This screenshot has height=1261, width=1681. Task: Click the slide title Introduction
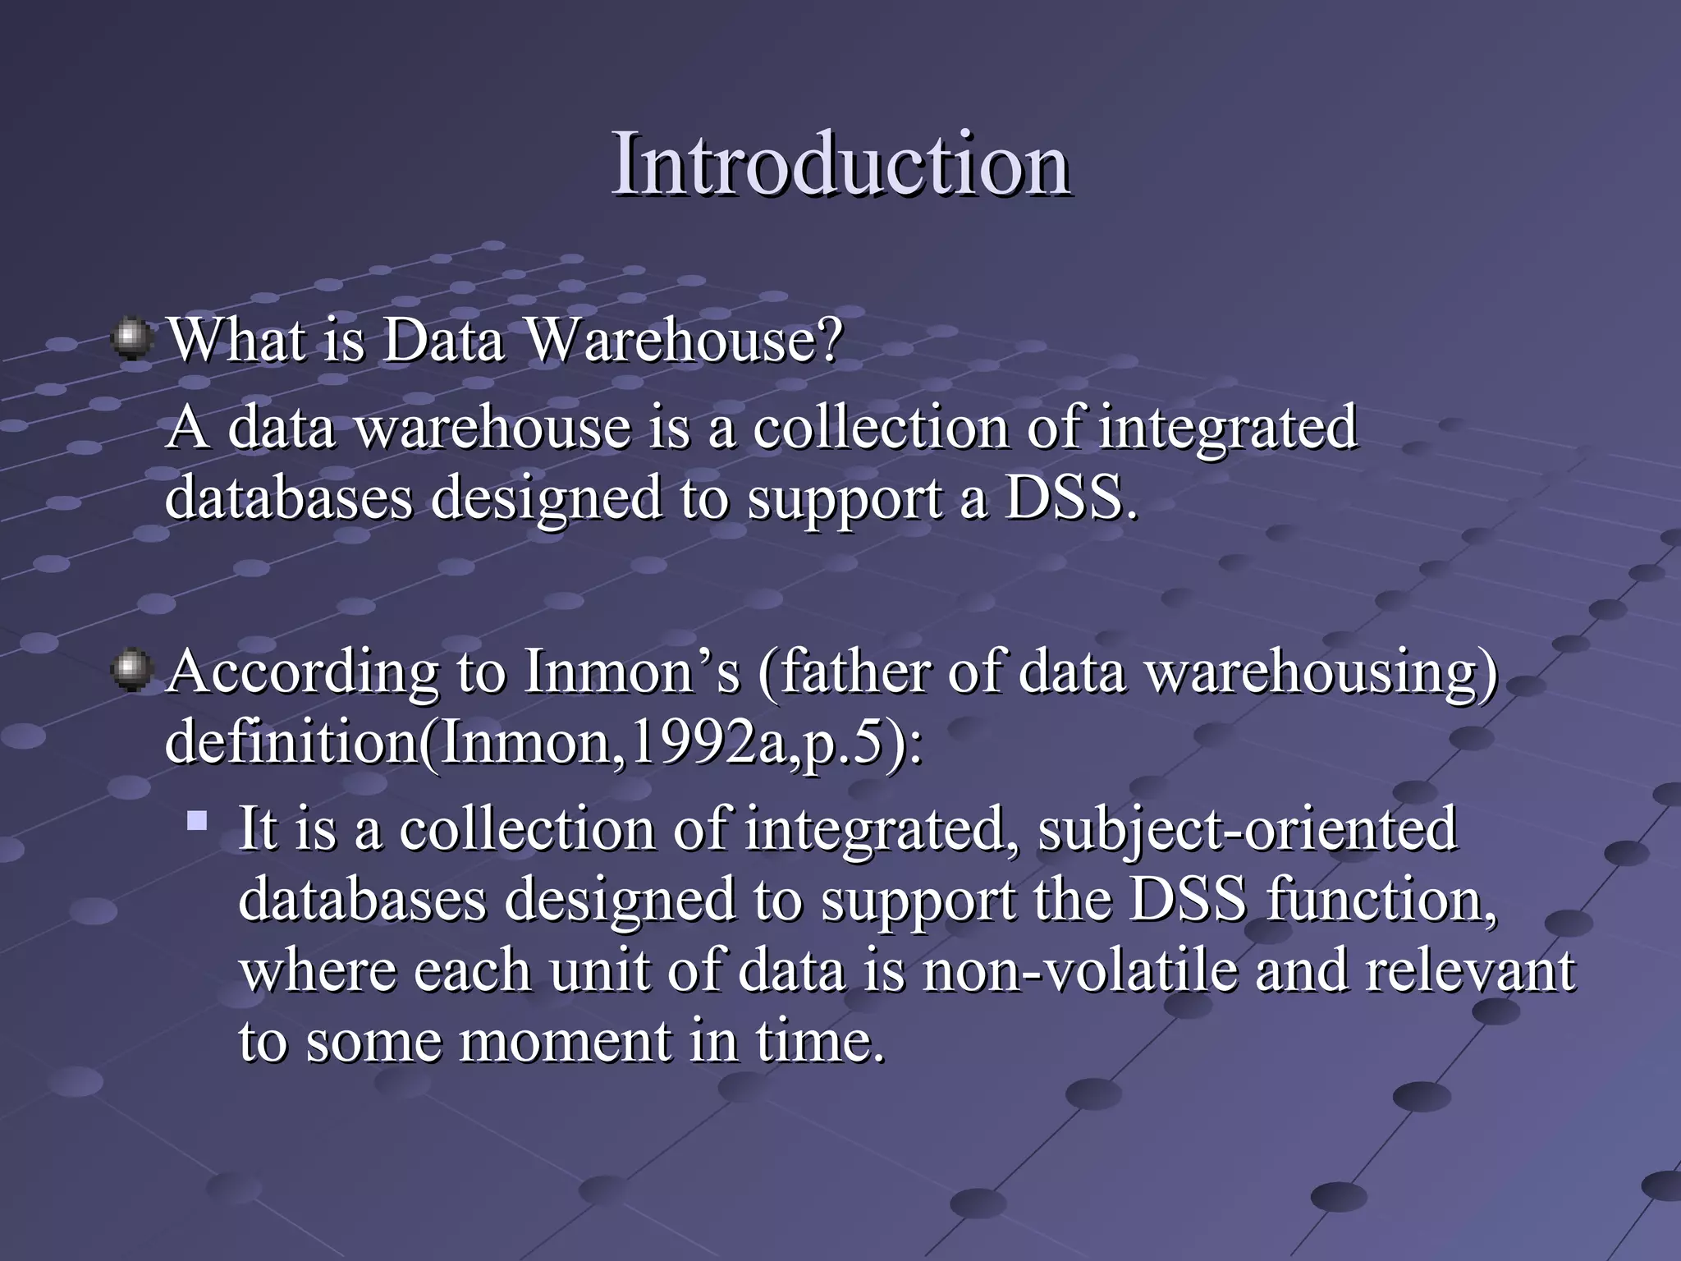[840, 164]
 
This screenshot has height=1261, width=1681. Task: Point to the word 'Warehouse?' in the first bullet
[683, 340]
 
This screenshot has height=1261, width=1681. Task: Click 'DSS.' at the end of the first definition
[1072, 498]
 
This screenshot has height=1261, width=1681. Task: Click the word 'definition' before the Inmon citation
[291, 742]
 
